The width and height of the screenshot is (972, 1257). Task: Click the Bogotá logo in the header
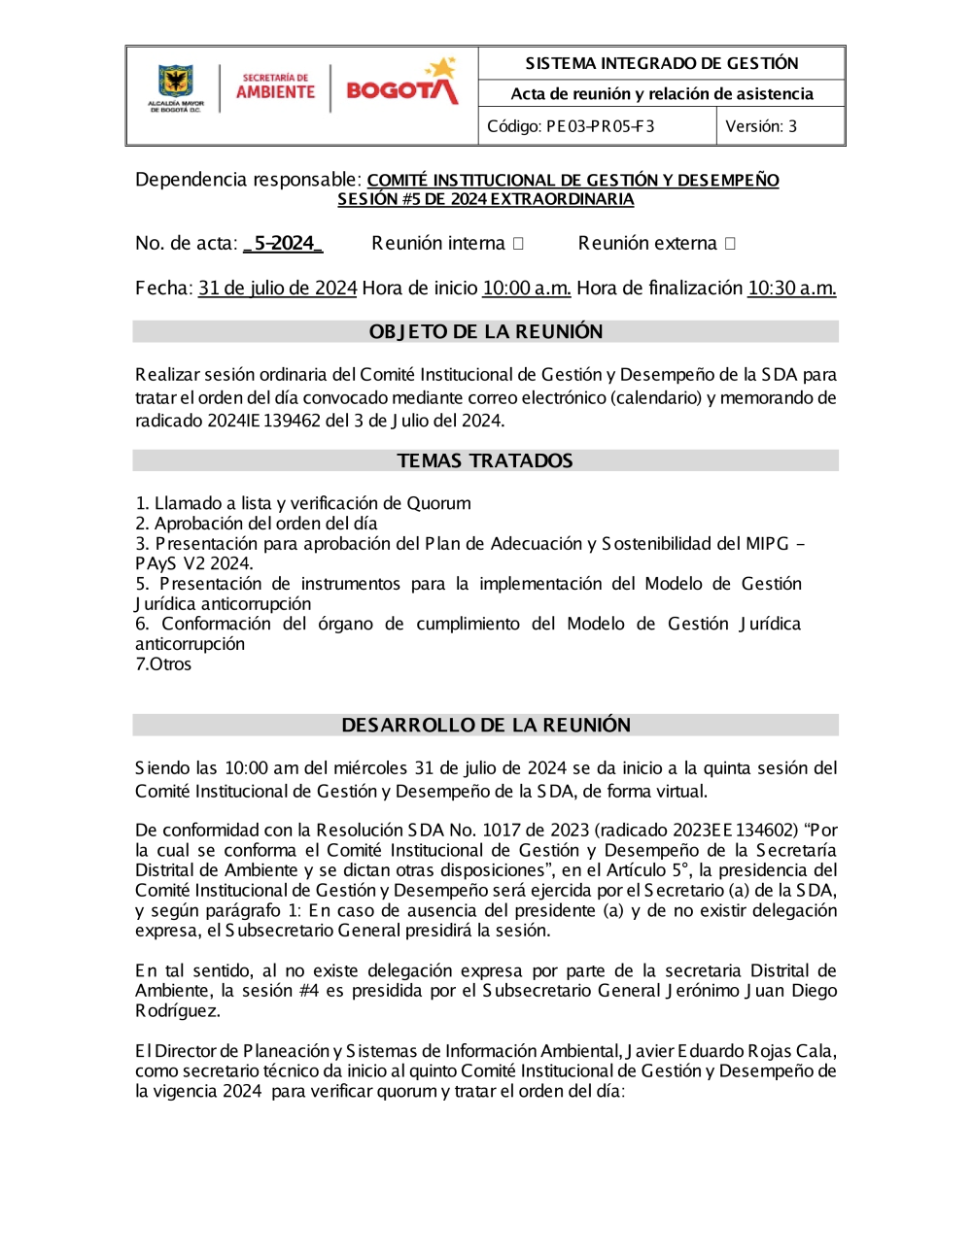point(401,84)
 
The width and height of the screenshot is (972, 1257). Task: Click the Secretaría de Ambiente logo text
point(276,87)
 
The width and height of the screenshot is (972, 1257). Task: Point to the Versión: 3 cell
point(761,126)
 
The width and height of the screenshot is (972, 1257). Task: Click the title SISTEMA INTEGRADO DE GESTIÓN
point(661,63)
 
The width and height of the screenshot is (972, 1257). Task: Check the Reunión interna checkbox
point(518,244)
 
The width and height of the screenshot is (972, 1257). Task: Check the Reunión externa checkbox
point(730,244)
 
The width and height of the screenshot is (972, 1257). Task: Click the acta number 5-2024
point(283,243)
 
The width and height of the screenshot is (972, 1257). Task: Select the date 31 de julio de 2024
point(278,289)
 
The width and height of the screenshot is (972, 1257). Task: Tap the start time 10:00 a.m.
point(527,289)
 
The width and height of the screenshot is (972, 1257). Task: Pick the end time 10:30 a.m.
point(791,289)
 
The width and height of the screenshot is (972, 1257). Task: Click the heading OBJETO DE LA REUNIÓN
point(486,332)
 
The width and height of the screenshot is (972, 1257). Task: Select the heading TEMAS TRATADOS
point(485,460)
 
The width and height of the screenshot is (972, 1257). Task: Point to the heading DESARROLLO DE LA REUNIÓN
point(486,725)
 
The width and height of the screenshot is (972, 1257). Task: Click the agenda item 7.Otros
point(163,664)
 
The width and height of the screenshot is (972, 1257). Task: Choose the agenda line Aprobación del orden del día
point(265,524)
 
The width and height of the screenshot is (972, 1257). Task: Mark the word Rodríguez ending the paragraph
point(177,1011)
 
